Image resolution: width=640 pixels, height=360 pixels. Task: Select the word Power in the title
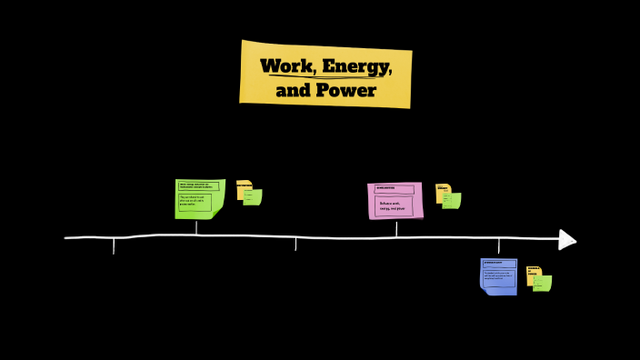[x=345, y=91]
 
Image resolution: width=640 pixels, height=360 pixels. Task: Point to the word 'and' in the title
[x=293, y=91]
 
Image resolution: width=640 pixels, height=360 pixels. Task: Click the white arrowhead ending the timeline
[x=567, y=239]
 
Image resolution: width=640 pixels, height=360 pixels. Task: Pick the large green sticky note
[x=198, y=198]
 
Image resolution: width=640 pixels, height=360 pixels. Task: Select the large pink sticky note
[x=395, y=201]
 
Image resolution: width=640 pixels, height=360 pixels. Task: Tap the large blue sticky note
[x=498, y=276]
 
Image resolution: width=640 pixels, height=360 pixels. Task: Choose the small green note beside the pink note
[x=453, y=201]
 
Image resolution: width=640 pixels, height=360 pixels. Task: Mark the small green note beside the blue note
[x=544, y=284]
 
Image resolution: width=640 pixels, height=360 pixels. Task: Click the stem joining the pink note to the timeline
[x=395, y=227]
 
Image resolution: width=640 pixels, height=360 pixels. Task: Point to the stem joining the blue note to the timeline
[x=498, y=246]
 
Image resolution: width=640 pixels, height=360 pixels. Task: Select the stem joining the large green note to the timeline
[x=196, y=226]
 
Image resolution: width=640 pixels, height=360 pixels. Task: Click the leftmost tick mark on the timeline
[x=114, y=245]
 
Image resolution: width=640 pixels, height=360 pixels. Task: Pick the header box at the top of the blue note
[x=498, y=264]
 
